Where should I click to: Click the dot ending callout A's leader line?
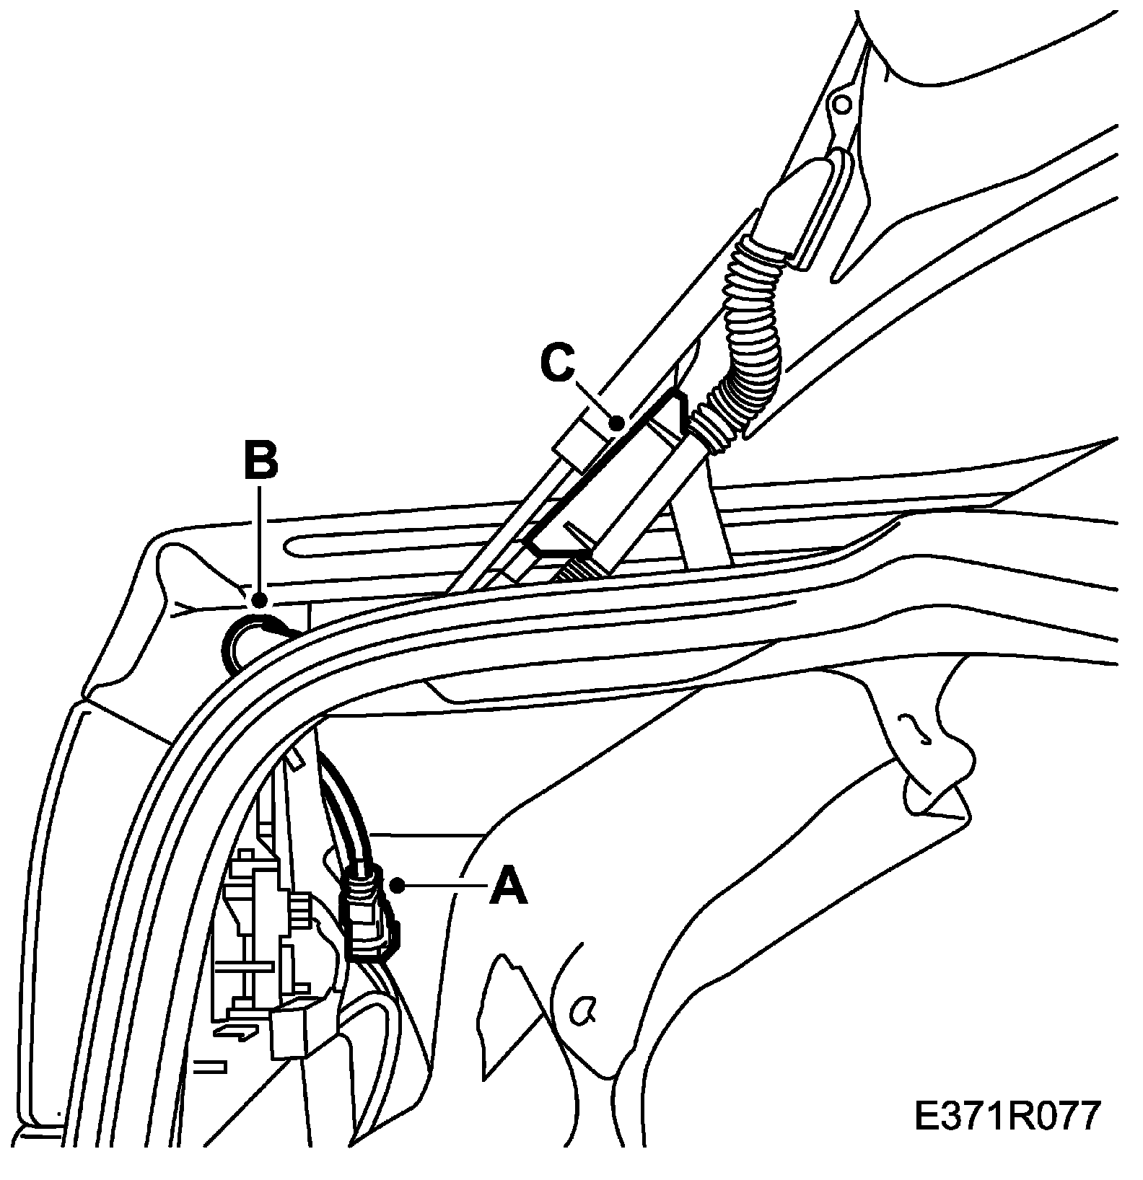coord(395,884)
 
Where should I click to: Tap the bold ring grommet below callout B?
coord(249,639)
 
